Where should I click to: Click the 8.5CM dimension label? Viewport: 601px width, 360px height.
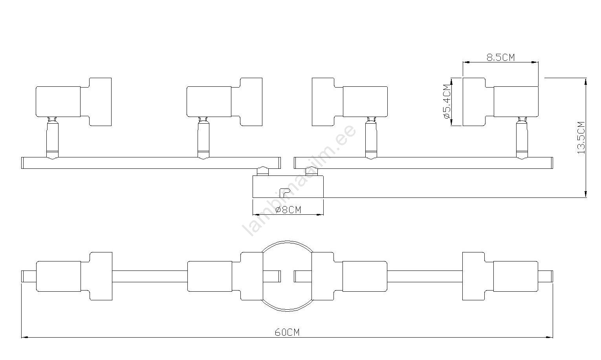[x=501, y=57]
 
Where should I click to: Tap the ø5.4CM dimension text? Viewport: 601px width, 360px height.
[x=447, y=102]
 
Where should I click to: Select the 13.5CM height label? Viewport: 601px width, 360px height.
[x=581, y=138]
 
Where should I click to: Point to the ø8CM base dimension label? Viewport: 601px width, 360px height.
[x=288, y=210]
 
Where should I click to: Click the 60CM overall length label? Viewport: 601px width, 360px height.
[x=287, y=333]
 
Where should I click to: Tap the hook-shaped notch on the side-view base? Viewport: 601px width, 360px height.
[x=285, y=192]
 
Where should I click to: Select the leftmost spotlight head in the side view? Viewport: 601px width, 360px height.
[x=73, y=102]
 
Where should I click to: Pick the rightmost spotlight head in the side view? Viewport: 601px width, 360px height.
[x=501, y=102]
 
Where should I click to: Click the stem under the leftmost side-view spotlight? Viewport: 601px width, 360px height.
[x=52, y=139]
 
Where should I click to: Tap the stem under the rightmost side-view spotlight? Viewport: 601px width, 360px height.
[x=522, y=139]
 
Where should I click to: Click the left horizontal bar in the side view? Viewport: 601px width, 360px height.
[x=151, y=163]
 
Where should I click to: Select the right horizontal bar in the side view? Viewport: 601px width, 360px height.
[x=423, y=163]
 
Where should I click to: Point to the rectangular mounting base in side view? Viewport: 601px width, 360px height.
[x=288, y=186]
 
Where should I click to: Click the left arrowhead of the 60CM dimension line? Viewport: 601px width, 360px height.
[x=24, y=338]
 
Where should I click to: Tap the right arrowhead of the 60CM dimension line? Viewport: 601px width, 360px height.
[x=550, y=338]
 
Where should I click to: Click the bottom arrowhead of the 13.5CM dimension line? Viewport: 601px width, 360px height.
[x=586, y=195]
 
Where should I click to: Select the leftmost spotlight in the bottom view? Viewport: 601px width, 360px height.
[x=74, y=276]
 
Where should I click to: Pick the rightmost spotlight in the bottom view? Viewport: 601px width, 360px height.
[x=500, y=276]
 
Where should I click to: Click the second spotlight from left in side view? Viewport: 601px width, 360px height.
[x=225, y=102]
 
